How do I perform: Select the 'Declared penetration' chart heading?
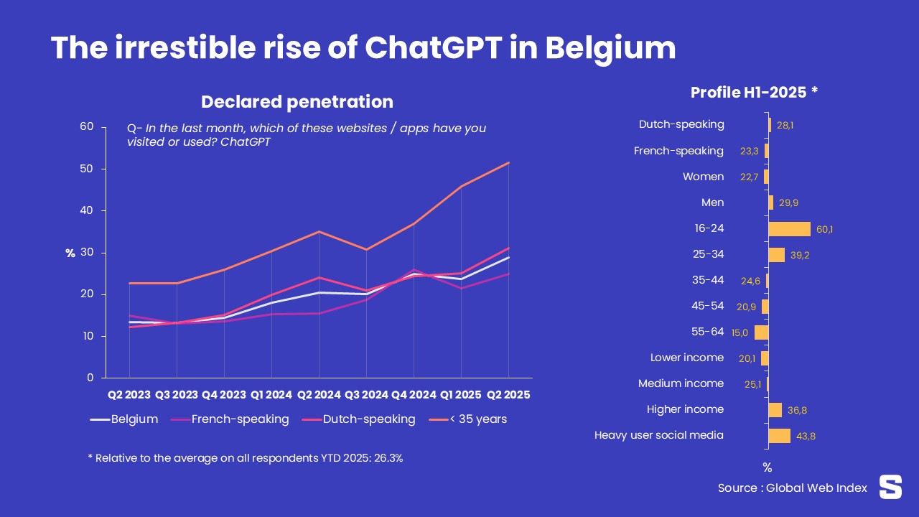[297, 102]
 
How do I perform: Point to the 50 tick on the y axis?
[86, 169]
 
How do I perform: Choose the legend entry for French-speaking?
[240, 419]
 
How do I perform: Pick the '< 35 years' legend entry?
[478, 419]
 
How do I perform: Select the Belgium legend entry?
[134, 419]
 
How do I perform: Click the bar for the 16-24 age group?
[789, 229]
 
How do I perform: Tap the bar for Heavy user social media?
[779, 436]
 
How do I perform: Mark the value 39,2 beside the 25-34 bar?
[798, 256]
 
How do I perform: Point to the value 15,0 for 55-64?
[740, 333]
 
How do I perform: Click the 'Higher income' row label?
[685, 409]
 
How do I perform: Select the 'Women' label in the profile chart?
[703, 177]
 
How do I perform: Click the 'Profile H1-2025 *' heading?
[754, 93]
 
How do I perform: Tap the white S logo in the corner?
[890, 487]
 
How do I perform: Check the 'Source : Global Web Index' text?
[792, 488]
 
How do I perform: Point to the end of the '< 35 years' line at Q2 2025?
[508, 163]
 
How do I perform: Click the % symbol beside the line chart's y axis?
[70, 253]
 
